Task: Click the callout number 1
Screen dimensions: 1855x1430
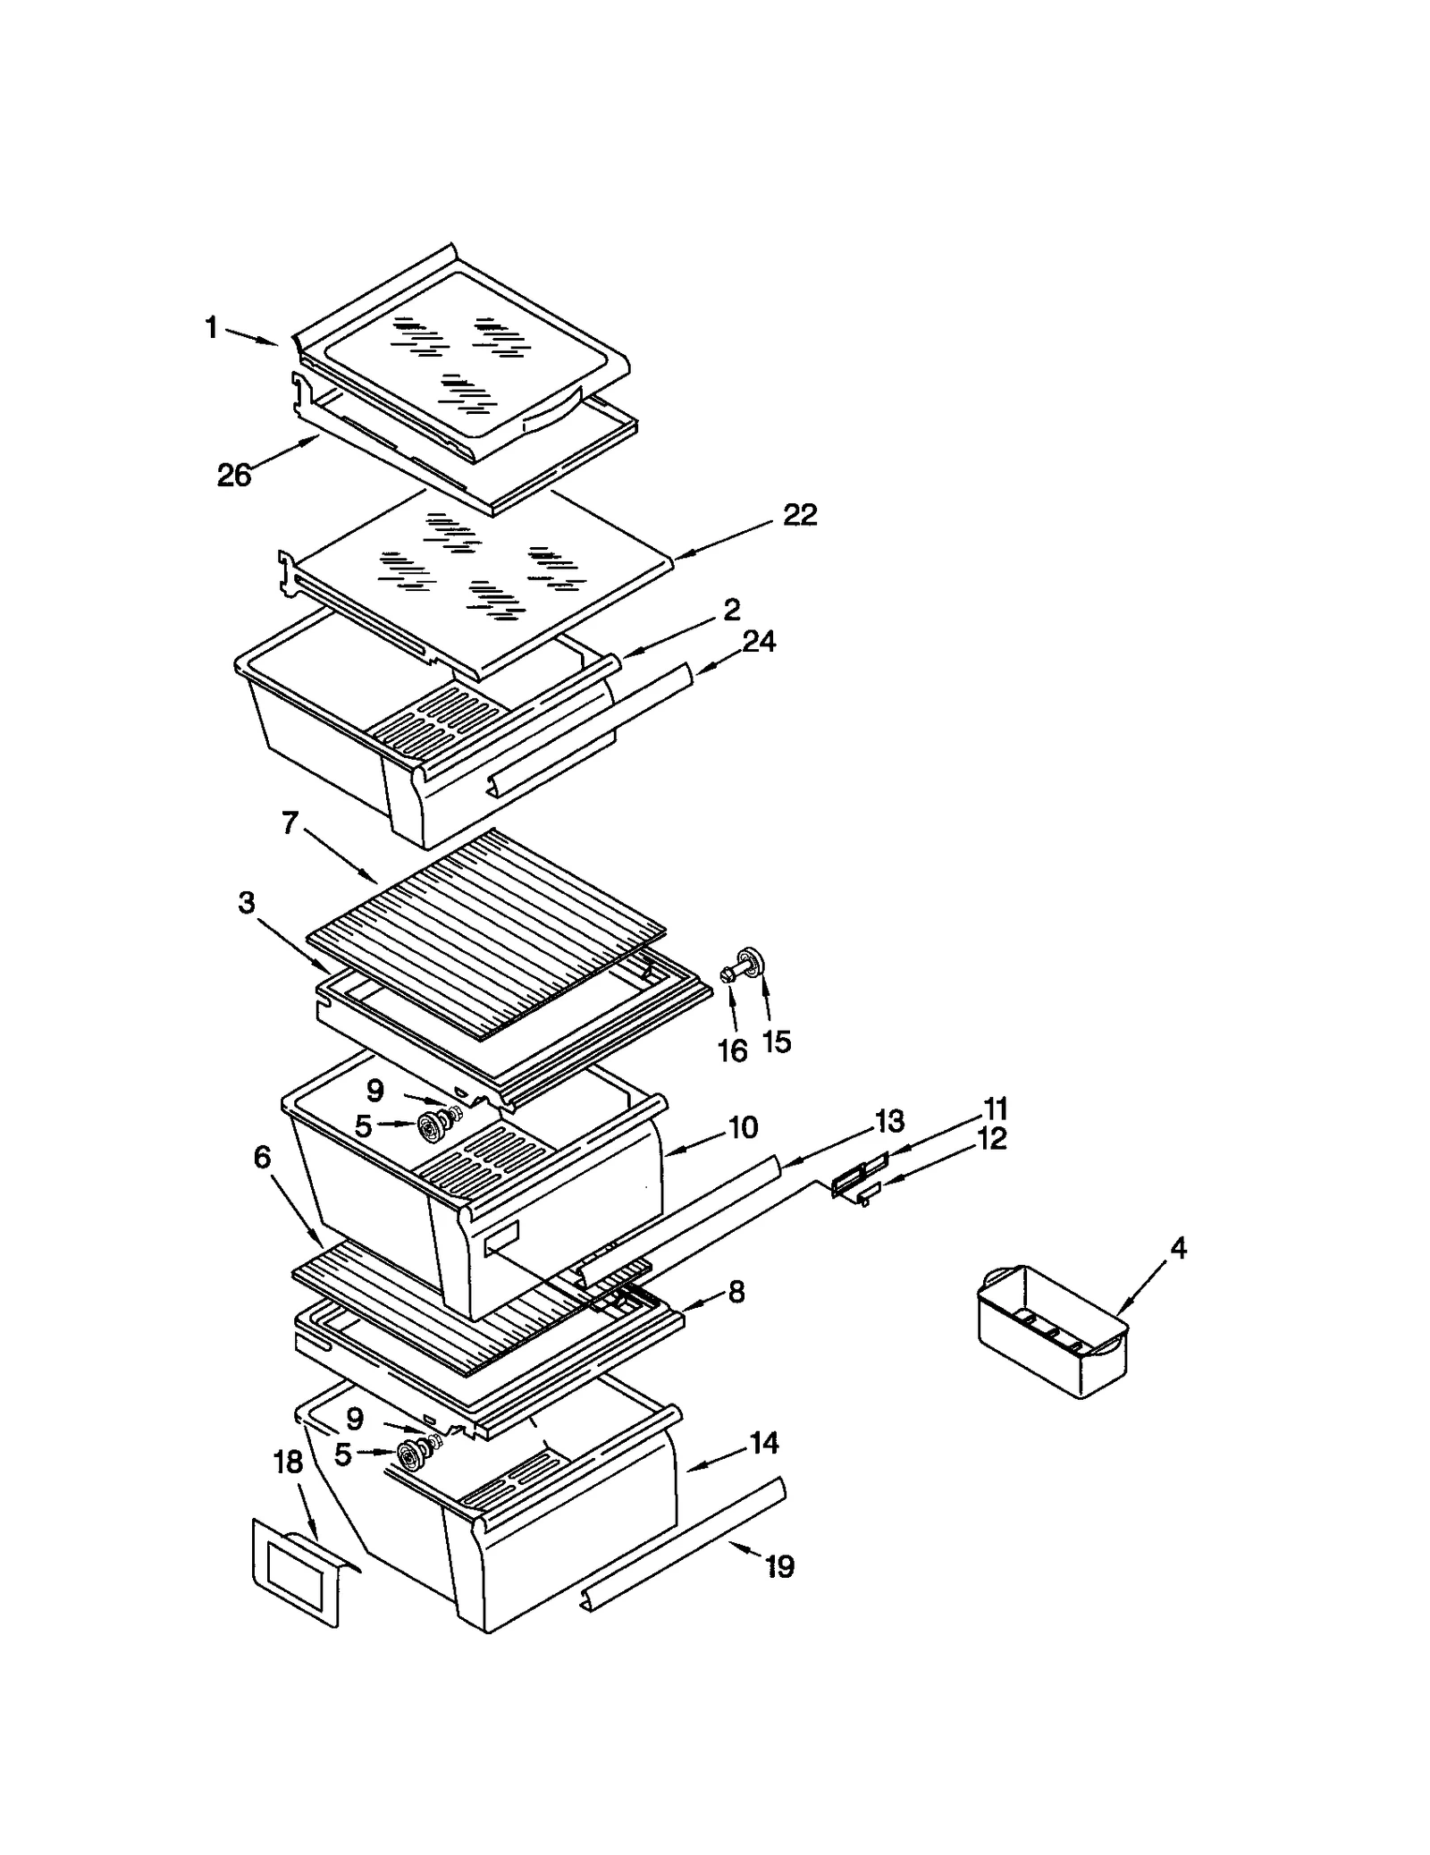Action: pyautogui.click(x=212, y=329)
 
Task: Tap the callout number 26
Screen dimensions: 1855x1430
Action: pyautogui.click(x=234, y=476)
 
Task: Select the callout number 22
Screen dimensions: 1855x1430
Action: pyautogui.click(x=800, y=516)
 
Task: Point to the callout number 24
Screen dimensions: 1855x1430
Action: pyautogui.click(x=759, y=641)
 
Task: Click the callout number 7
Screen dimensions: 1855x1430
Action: pyautogui.click(x=290, y=823)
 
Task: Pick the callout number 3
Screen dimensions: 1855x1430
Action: pyautogui.click(x=247, y=903)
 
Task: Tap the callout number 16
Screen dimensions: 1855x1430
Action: pyautogui.click(x=733, y=1051)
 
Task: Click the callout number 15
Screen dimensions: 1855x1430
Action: pyautogui.click(x=778, y=1041)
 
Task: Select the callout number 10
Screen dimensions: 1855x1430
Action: pyautogui.click(x=744, y=1127)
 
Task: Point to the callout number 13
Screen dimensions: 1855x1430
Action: pyautogui.click(x=889, y=1121)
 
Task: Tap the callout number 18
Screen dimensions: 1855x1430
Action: pyautogui.click(x=288, y=1463)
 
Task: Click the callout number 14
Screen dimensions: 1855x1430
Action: pyautogui.click(x=764, y=1443)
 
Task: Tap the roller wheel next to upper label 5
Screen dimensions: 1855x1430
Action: pyautogui.click(x=433, y=1126)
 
